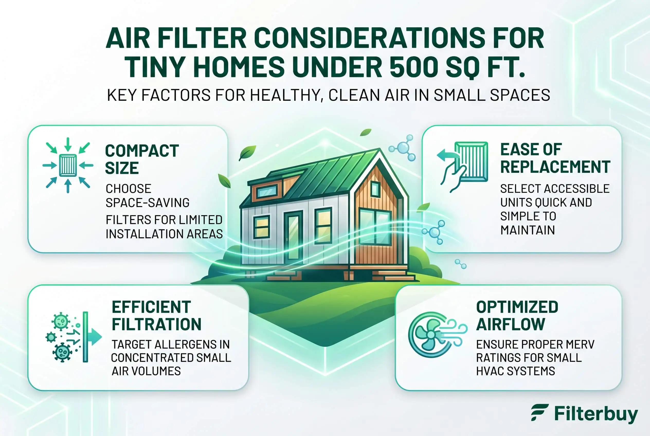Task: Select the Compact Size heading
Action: click(142, 159)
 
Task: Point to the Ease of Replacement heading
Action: click(555, 158)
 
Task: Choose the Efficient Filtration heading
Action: click(157, 316)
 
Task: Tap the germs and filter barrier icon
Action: click(74, 337)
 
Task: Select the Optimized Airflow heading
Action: click(517, 316)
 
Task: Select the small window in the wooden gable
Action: click(375, 189)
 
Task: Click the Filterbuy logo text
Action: click(596, 414)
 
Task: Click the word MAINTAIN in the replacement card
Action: click(528, 230)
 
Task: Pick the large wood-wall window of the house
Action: click(375, 227)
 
